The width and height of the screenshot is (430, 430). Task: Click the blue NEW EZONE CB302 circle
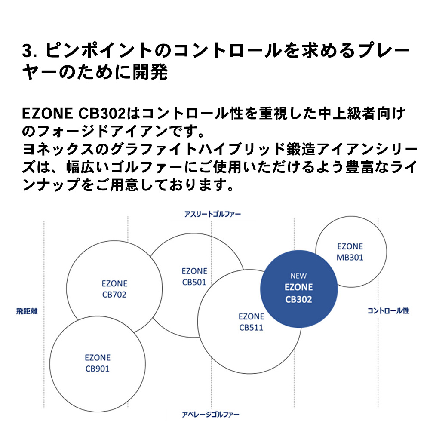pyautogui.click(x=299, y=289)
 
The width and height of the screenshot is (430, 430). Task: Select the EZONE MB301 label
pyautogui.click(x=350, y=252)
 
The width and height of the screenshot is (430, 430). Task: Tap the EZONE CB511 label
pyautogui.click(x=251, y=322)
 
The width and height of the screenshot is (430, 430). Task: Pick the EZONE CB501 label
pyautogui.click(x=194, y=276)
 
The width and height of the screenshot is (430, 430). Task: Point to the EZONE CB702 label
pyautogui.click(x=114, y=289)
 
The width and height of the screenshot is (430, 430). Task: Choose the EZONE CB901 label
pyautogui.click(x=97, y=363)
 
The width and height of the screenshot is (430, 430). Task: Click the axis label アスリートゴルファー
pyautogui.click(x=212, y=214)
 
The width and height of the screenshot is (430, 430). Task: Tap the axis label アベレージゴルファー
pyautogui.click(x=211, y=415)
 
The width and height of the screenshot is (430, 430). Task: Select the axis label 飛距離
pyautogui.click(x=27, y=311)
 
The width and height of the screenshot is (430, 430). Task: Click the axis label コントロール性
pyautogui.click(x=388, y=311)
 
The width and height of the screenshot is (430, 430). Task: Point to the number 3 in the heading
pyautogui.click(x=26, y=51)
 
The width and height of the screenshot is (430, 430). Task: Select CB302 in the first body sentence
pyautogui.click(x=102, y=114)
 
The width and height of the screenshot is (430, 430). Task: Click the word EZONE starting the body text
pyautogui.click(x=47, y=114)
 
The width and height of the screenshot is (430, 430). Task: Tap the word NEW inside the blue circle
pyautogui.click(x=299, y=276)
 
